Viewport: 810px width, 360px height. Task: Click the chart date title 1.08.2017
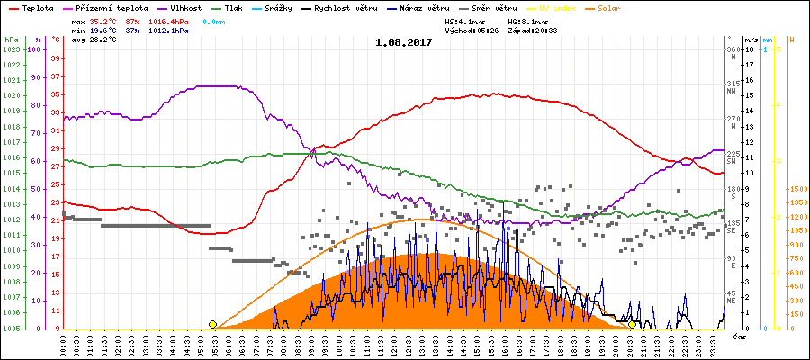403,41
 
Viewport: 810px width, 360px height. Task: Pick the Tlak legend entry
239,7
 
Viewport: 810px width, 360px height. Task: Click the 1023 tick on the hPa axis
11,49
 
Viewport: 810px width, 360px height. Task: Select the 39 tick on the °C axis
56,58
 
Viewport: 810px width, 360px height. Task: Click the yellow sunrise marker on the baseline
212,324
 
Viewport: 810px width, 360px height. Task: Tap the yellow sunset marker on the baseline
633,324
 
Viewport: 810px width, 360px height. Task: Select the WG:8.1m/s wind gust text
528,20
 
